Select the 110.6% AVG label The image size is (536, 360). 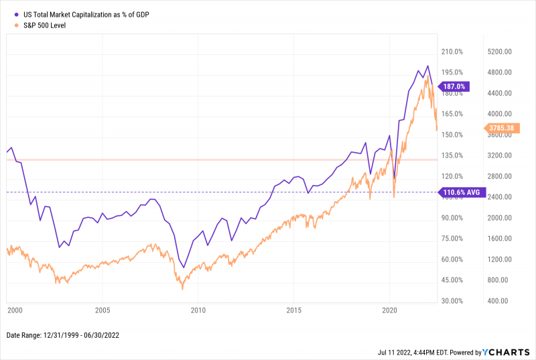pos(462,192)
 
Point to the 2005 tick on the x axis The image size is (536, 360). pos(102,310)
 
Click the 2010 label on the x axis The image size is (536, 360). pos(198,310)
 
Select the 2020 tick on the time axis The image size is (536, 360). pos(390,310)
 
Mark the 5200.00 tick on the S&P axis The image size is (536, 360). pos(500,52)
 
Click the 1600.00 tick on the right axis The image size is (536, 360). pos(500,239)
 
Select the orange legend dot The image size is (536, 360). pos(9,25)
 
